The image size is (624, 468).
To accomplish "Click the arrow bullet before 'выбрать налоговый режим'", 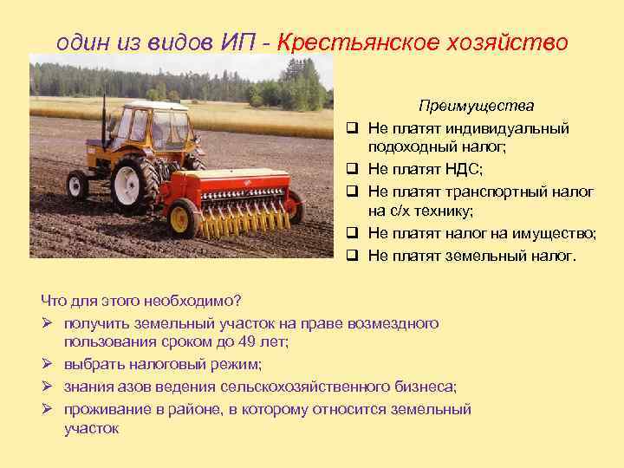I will pyautogui.click(x=48, y=365).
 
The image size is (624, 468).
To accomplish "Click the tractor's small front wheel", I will pyautogui.click(x=77, y=185).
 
